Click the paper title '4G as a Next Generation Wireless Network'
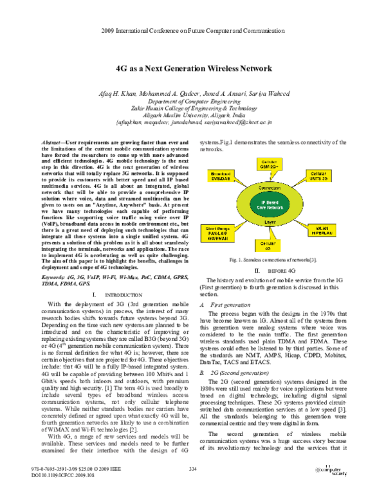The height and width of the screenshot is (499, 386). [192, 68]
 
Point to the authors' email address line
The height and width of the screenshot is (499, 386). [192, 121]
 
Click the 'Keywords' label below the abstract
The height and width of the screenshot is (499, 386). [53, 278]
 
